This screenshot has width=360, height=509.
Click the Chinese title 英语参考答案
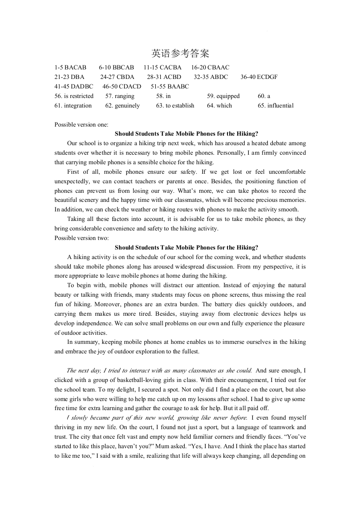[180, 54]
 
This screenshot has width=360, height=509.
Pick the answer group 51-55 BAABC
[170, 86]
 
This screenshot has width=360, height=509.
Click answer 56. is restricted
[74, 96]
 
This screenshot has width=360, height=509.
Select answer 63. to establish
[175, 106]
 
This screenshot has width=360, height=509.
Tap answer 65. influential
[276, 106]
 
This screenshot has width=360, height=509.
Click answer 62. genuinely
[123, 106]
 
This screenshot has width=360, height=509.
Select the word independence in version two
[93, 323]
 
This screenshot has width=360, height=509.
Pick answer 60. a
[264, 96]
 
